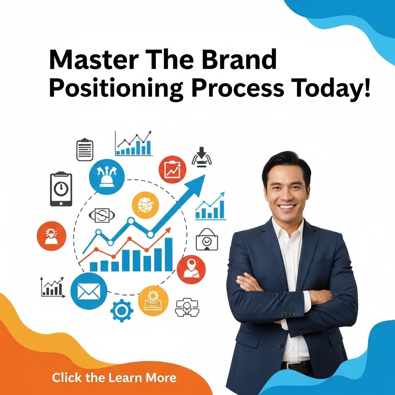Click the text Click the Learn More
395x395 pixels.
pyautogui.click(x=114, y=378)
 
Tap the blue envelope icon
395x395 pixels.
pyautogui.click(x=89, y=291)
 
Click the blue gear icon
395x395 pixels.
pyautogui.click(x=122, y=311)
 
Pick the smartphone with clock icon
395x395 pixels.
pyautogui.click(x=61, y=189)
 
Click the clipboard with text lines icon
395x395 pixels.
pyautogui.click(x=85, y=149)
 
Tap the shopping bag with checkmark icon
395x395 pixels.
pyautogui.click(x=207, y=239)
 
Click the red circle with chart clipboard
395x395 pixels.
pyautogui.click(x=172, y=170)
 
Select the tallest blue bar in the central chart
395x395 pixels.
pyautogui.click(x=169, y=255)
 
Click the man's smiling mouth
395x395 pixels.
pyautogui.click(x=287, y=207)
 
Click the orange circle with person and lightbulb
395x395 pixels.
pyautogui.click(x=52, y=236)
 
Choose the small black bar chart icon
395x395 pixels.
pyautogui.click(x=52, y=287)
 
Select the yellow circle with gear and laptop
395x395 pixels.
pyautogui.click(x=153, y=301)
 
